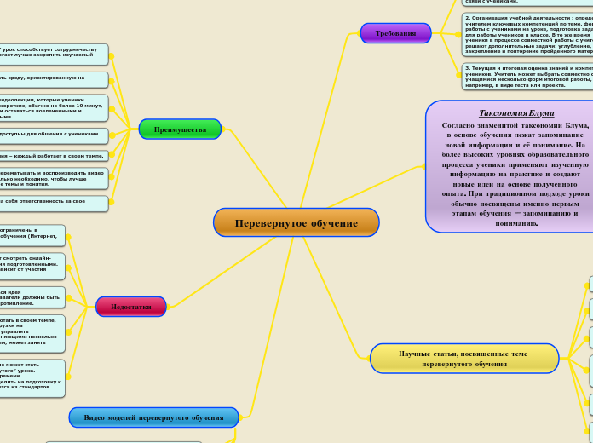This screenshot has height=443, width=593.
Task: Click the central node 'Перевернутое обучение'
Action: click(296, 222)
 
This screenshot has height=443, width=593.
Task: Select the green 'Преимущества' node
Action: click(180, 129)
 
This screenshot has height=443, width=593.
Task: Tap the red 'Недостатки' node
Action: click(131, 307)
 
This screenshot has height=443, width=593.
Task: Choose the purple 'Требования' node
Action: click(395, 33)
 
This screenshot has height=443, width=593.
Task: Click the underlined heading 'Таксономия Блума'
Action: click(516, 112)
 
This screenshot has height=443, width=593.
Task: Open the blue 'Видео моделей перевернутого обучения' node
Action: click(153, 417)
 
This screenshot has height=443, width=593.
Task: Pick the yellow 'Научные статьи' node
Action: click(463, 359)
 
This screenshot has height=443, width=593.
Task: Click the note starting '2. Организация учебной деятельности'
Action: click(527, 34)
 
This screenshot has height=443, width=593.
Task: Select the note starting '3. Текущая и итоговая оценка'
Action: click(527, 77)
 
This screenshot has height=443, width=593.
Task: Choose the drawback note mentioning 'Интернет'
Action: click(32, 235)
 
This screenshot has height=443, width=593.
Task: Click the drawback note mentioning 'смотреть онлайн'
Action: click(32, 265)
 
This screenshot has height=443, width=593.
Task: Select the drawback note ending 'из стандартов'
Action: click(32, 377)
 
